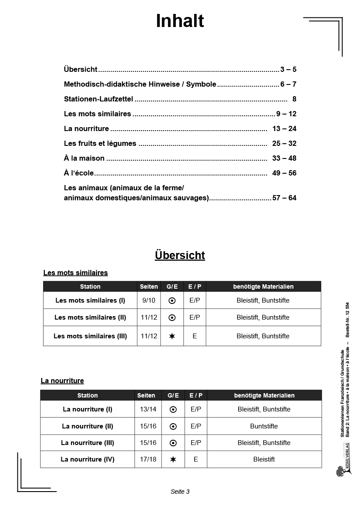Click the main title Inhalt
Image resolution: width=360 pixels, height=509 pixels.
pos(180,21)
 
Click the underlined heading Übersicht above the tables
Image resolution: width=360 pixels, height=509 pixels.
pos(180,255)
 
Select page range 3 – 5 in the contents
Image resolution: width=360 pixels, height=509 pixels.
pos(288,70)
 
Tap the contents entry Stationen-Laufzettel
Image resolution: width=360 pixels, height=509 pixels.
pos(98,99)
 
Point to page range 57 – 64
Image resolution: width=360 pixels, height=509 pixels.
pos(284,198)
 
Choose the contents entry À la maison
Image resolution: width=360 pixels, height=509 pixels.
pos(84,158)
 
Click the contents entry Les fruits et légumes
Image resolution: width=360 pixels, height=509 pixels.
pos(100,144)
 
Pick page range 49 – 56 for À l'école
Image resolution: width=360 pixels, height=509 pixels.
pos(284,173)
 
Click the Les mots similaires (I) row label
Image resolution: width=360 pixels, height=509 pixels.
pos(90,300)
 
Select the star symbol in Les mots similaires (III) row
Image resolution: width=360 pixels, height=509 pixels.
pos(172,336)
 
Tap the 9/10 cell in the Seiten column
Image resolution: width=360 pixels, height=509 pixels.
pos(149,300)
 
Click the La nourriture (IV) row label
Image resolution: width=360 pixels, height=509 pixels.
pos(87,459)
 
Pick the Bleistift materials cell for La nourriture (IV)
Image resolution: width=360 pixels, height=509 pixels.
pos(264,459)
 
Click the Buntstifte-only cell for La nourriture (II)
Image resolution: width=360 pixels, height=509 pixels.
pos(264,426)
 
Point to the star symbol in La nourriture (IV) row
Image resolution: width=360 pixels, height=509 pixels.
pos(173,459)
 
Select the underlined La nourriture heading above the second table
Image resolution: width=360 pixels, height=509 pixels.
pos(62,381)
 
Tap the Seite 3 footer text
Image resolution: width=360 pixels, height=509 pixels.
pos(180,492)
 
